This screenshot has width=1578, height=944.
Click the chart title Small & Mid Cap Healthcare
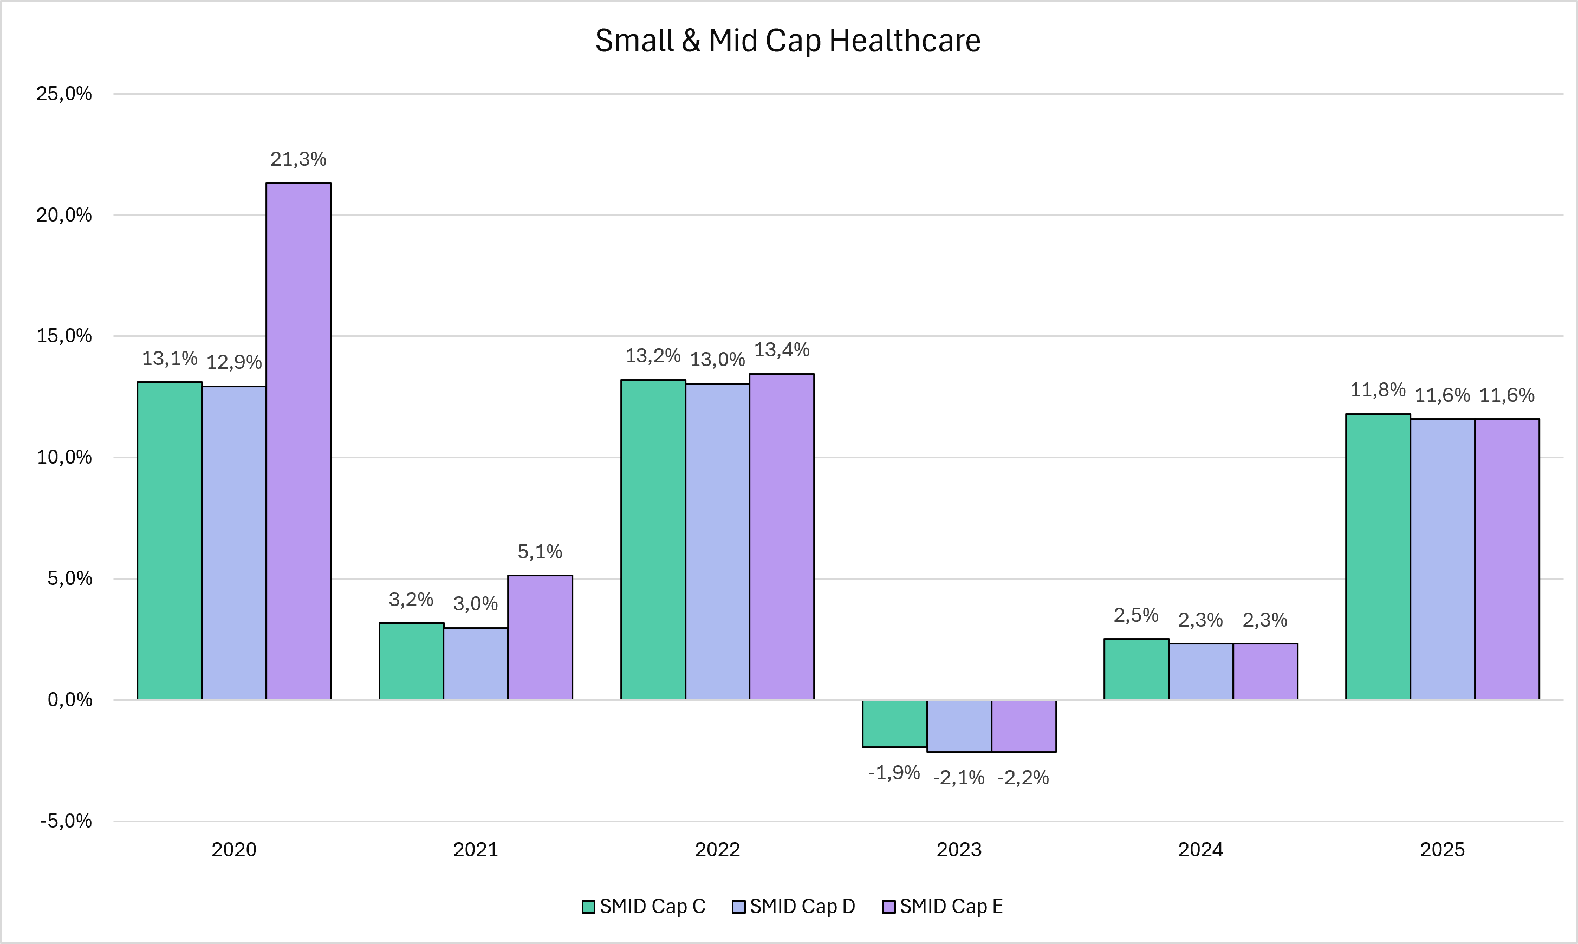788,41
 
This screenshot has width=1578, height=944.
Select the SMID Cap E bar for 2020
298,441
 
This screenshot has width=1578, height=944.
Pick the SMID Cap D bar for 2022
717,542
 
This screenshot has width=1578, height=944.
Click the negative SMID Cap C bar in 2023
894,723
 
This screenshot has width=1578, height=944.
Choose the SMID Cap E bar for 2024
1265,672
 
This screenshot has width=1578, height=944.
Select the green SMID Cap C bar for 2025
1378,557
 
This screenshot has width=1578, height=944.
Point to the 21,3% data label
298,159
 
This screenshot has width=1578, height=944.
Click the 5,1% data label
540,551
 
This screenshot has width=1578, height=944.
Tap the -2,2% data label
1023,777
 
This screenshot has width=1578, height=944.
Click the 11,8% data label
1378,390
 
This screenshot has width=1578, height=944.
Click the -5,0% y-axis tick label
66,821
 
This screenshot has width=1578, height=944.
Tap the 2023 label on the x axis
959,849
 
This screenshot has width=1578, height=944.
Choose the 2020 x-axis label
233,849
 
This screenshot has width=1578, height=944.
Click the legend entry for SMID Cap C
644,907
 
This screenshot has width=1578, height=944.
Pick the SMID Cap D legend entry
794,907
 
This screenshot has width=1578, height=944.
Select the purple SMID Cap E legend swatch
889,907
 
